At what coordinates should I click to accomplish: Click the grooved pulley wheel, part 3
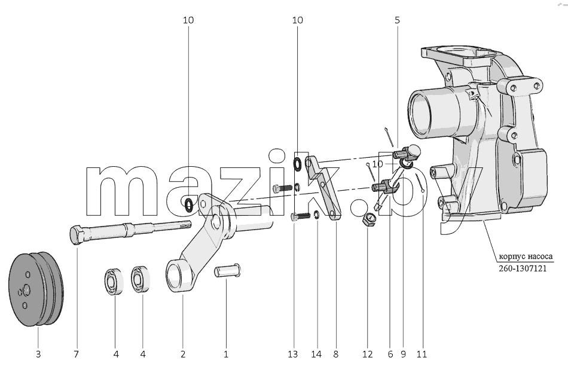(x=36, y=289)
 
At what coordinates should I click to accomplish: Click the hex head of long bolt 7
(x=77, y=235)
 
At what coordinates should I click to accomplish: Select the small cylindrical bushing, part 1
(x=227, y=271)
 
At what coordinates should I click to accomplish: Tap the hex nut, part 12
(x=368, y=219)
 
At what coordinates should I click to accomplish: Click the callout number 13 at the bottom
(x=293, y=354)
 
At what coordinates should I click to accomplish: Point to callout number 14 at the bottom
(x=316, y=354)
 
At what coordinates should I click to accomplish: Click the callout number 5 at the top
(x=397, y=20)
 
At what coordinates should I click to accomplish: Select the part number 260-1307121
(x=523, y=269)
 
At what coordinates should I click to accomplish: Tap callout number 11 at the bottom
(x=422, y=354)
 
